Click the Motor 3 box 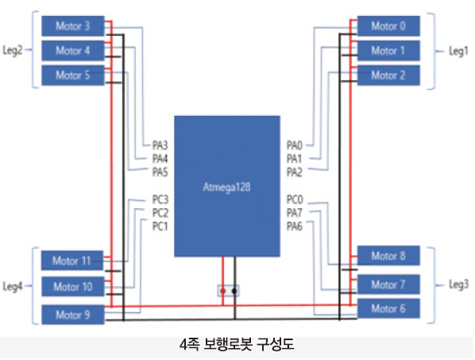73,26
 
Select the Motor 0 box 388,26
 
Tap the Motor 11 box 72,261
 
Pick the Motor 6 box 388,308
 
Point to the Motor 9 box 73,315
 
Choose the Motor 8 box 388,256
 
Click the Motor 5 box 73,75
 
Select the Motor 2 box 388,75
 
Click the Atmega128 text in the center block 226,187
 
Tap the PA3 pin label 160,145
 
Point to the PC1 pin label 160,226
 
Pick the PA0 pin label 295,145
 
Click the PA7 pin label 295,213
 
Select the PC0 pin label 295,199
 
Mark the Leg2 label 13,50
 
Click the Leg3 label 458,285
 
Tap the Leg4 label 13,286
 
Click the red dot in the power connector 223,291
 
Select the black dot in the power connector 234,291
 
